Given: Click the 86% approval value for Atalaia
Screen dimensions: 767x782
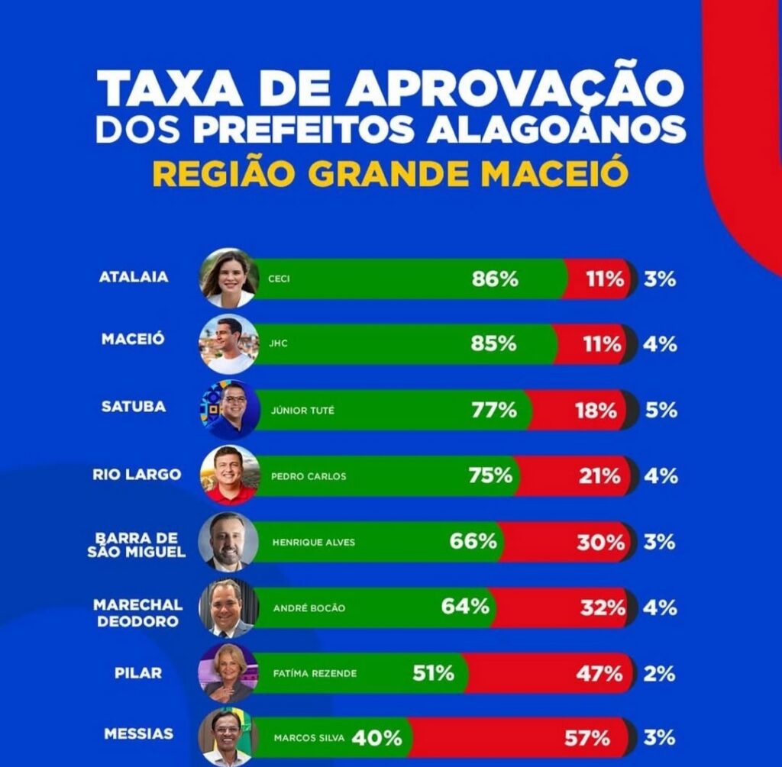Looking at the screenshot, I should pyautogui.click(x=495, y=279).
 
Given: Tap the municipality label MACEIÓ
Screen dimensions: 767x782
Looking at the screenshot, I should pyautogui.click(x=133, y=340).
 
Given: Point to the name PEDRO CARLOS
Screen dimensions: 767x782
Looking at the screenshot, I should pyautogui.click(x=309, y=476).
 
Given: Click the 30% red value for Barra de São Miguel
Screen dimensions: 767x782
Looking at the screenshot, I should pyautogui.click(x=601, y=542).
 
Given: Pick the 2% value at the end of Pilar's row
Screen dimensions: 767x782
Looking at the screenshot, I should pyautogui.click(x=659, y=673).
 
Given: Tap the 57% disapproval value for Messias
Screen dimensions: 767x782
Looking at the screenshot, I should pyautogui.click(x=587, y=739).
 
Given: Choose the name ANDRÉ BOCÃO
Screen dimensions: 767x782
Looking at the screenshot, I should pyautogui.click(x=309, y=608).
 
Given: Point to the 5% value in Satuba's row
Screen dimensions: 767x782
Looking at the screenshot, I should pyautogui.click(x=661, y=411).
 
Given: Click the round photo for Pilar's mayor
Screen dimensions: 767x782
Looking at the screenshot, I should pyautogui.click(x=228, y=673).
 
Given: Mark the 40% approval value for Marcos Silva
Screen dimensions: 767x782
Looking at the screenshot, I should pyautogui.click(x=376, y=739).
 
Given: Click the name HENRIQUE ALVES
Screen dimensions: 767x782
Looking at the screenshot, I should pyautogui.click(x=313, y=543).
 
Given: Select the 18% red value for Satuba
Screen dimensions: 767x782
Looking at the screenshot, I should pyautogui.click(x=596, y=411).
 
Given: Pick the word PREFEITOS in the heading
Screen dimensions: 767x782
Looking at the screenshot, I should pyautogui.click(x=305, y=131).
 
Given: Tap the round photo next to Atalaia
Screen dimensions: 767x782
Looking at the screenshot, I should pyautogui.click(x=228, y=278).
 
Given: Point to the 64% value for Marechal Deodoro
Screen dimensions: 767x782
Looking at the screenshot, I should pyautogui.click(x=465, y=607).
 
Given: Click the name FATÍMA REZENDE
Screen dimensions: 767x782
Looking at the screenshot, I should pyautogui.click(x=315, y=674).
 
